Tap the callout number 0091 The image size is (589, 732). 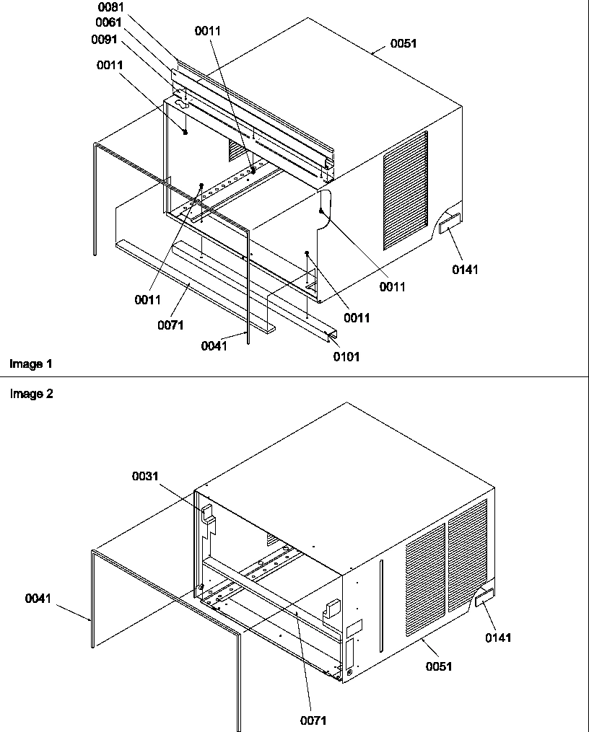pyautogui.click(x=104, y=39)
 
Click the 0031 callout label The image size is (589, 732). pyautogui.click(x=144, y=476)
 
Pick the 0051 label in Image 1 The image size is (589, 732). pyautogui.click(x=403, y=43)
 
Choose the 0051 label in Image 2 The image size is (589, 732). pyautogui.click(x=439, y=666)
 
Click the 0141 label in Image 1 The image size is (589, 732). pyautogui.click(x=465, y=270)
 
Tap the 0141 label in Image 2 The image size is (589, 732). pyautogui.click(x=498, y=638)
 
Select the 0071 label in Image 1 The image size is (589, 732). pyautogui.click(x=170, y=325)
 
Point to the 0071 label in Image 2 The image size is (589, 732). pyautogui.click(x=315, y=720)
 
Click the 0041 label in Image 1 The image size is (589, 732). pyautogui.click(x=215, y=345)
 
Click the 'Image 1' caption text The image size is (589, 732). pyautogui.click(x=31, y=364)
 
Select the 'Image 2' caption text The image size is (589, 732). pyautogui.click(x=31, y=394)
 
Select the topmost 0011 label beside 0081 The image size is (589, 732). pyautogui.click(x=208, y=31)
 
